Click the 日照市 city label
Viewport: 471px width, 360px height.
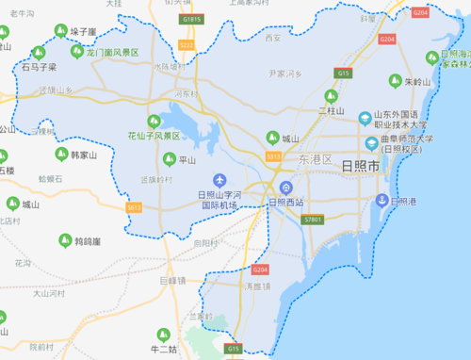[x=361, y=166]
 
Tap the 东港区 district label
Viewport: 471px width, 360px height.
[x=316, y=160]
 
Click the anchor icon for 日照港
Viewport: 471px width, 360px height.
[x=382, y=200]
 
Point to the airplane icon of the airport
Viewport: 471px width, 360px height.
[x=219, y=180]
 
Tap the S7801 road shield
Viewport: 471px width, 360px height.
[x=314, y=220]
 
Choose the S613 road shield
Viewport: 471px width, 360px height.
[x=134, y=206]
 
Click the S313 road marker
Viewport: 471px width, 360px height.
[x=273, y=156]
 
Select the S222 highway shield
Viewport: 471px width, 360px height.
[x=186, y=44]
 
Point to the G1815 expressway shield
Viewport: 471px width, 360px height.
[x=192, y=18]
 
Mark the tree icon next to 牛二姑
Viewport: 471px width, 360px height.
[x=160, y=335]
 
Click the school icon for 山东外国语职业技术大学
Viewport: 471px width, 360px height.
[x=365, y=118]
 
